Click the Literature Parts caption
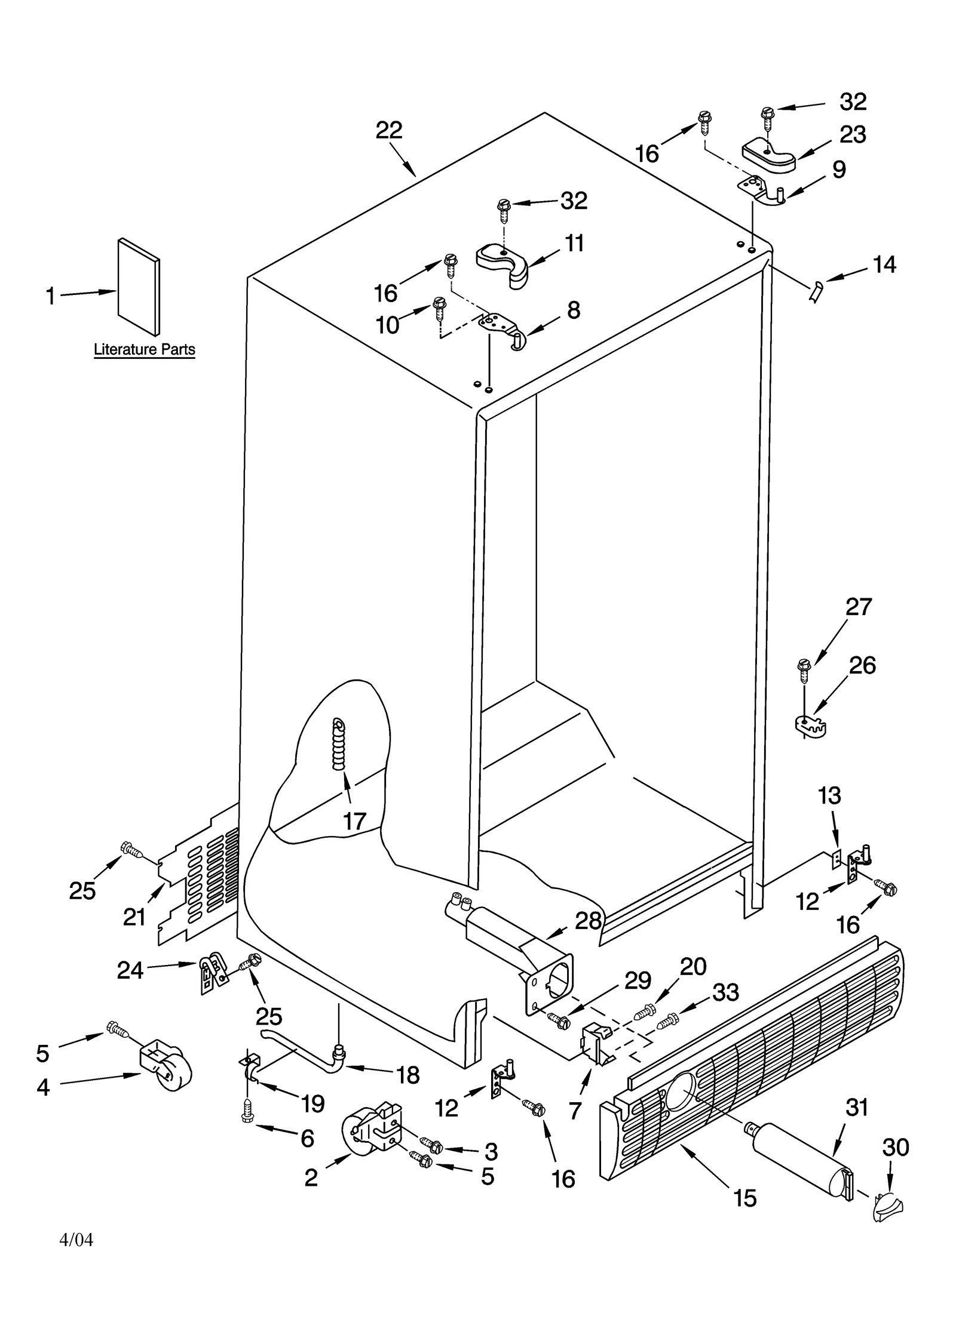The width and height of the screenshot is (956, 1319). coord(144,349)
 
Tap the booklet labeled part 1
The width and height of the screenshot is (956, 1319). coord(139,287)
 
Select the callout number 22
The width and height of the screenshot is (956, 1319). coord(389,130)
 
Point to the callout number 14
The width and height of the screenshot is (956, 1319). coord(884,265)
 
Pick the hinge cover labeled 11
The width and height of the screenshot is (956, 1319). coord(504,264)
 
